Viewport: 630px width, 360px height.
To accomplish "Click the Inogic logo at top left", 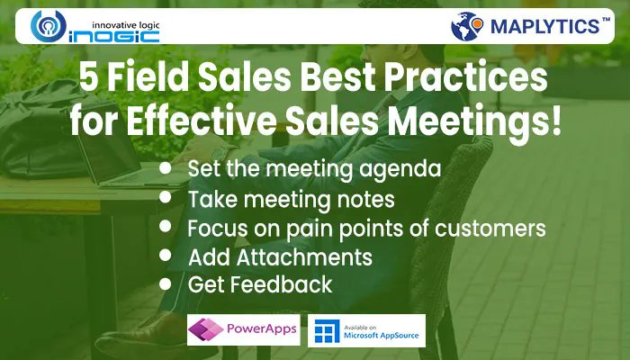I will coord(94,28).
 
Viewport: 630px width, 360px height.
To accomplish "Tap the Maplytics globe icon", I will coord(467,26).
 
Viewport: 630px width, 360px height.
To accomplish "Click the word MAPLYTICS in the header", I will coord(544,27).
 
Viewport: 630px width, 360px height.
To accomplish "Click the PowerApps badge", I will coord(243,331).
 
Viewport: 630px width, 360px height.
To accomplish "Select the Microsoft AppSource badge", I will coord(366,331).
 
